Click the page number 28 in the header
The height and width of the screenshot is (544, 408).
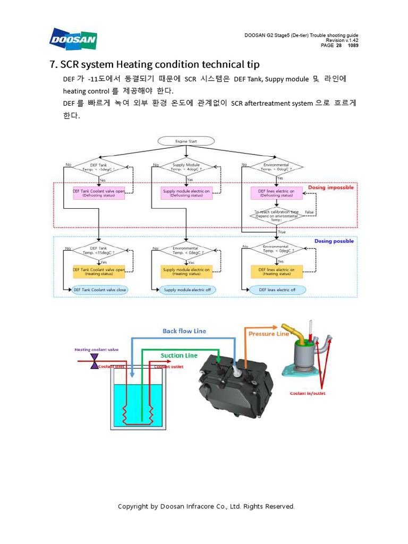click(x=338, y=45)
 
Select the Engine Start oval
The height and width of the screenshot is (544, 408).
click(x=186, y=141)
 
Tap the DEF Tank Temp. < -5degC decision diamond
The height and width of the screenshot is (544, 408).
click(x=99, y=167)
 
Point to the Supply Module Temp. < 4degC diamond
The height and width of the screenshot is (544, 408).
click(x=186, y=167)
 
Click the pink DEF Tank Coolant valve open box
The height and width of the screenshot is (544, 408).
click(x=99, y=193)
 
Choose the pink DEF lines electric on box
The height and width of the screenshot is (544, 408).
click(x=276, y=193)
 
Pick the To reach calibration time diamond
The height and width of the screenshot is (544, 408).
click(x=276, y=215)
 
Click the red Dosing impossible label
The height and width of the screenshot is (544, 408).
click(x=330, y=188)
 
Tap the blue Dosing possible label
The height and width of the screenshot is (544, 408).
click(x=334, y=241)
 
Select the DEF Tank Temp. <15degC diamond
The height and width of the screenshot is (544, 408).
click(x=99, y=250)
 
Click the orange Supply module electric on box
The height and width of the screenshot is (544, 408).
click(x=186, y=272)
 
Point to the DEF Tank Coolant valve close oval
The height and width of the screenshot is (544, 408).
click(x=100, y=290)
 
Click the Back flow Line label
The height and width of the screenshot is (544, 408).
click(x=184, y=331)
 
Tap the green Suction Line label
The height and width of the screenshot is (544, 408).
click(x=179, y=355)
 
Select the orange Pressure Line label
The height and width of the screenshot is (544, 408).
click(x=269, y=334)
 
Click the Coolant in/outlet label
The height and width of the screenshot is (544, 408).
click(x=308, y=394)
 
